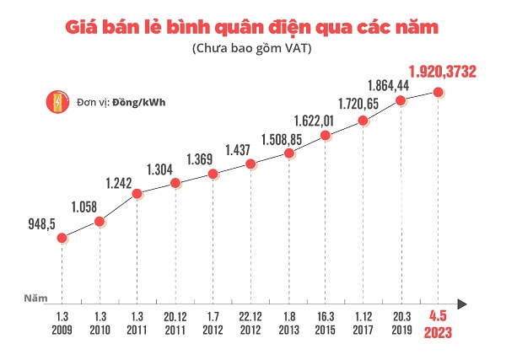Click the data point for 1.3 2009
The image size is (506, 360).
point(62,239)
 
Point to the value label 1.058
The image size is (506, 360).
point(86,206)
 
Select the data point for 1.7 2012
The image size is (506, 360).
point(213,174)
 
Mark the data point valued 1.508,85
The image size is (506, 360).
point(289,153)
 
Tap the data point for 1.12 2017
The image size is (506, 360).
point(364,121)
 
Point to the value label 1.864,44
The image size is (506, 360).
point(389,85)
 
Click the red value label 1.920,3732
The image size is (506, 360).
point(441,70)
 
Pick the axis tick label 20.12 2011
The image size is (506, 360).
point(175,322)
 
